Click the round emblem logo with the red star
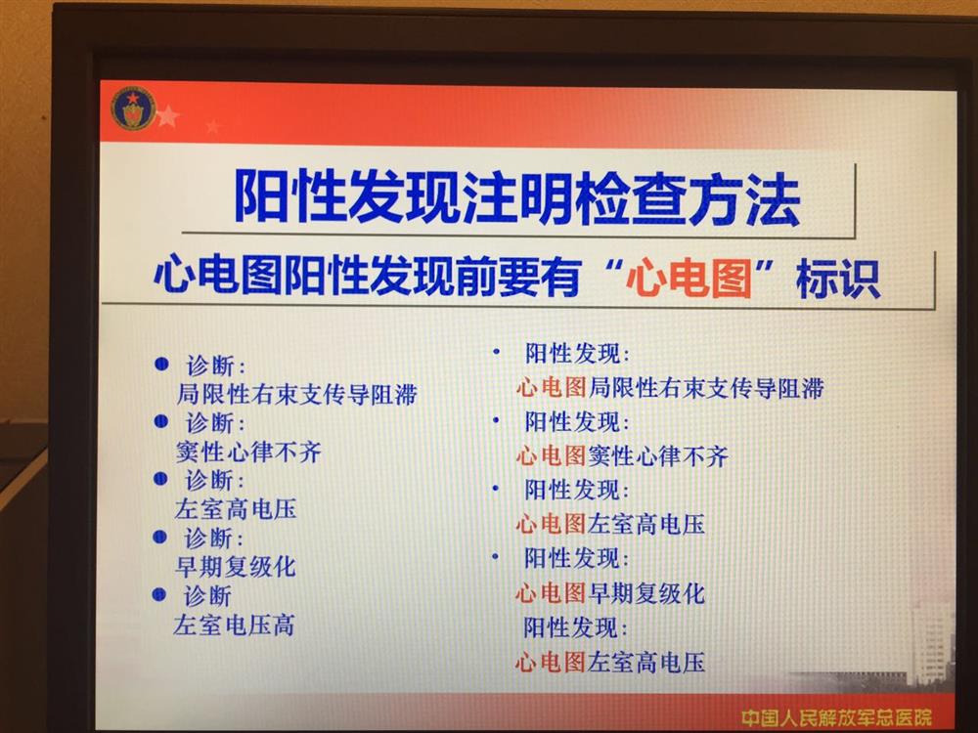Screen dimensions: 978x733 tap(133, 108)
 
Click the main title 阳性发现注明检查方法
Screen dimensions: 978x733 tap(516, 198)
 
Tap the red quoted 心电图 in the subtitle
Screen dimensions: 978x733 tap(689, 277)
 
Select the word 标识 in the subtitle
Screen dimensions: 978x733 tap(838, 279)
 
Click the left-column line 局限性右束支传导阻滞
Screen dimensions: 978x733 tap(296, 394)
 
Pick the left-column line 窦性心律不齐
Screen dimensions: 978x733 tap(248, 452)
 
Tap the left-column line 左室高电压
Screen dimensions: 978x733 tap(236, 508)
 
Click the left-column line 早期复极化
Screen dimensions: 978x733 tap(235, 567)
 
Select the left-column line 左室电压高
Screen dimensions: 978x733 tap(234, 625)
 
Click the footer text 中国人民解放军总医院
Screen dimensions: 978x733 tap(836, 717)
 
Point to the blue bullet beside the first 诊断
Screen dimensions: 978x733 tap(161, 364)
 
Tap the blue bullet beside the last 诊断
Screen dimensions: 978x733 tap(159, 594)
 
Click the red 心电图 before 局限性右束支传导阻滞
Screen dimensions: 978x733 tap(552, 388)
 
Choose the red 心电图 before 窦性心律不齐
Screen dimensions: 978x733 tap(552, 456)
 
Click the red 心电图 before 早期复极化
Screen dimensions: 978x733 tap(551, 593)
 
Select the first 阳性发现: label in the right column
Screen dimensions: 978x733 tap(577, 354)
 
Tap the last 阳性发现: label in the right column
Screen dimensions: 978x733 tap(575, 627)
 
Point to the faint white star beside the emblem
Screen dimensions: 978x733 tap(167, 116)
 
